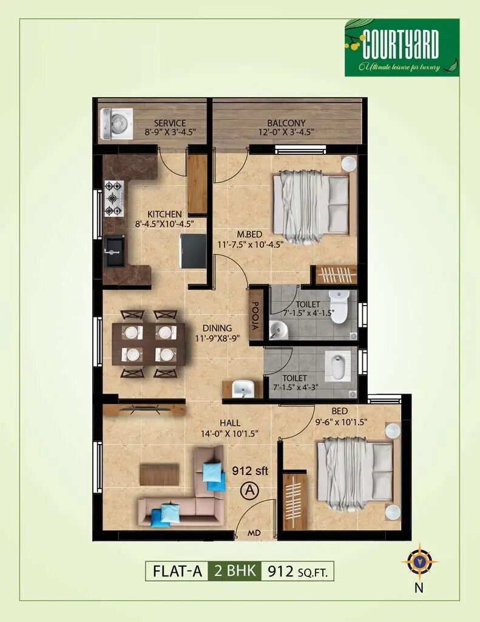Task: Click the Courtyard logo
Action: [x=402, y=47]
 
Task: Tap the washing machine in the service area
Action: [x=115, y=123]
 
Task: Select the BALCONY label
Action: [x=286, y=123]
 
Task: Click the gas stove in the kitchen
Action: [x=113, y=199]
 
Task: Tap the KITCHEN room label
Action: [x=164, y=214]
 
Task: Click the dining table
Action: [x=149, y=344]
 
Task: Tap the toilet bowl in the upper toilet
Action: [x=339, y=306]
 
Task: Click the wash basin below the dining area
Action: [x=243, y=388]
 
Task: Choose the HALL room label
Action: [x=230, y=423]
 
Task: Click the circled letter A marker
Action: [x=249, y=490]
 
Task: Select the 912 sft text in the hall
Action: [x=250, y=470]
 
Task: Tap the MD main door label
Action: [x=254, y=533]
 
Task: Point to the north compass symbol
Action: [x=419, y=561]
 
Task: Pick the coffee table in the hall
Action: [x=159, y=474]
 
